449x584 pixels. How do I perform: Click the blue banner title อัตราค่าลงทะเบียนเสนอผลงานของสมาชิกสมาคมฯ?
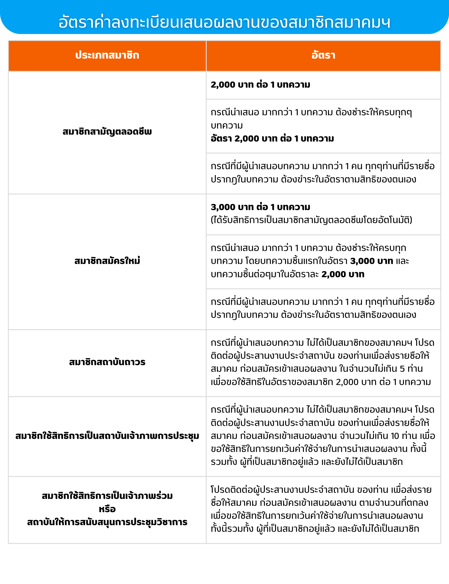point(224,22)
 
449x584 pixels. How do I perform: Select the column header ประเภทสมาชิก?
point(107,55)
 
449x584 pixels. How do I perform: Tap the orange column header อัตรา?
point(323,55)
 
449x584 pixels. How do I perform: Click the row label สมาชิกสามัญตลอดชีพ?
point(107,132)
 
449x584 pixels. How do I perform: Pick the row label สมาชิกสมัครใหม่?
point(107,261)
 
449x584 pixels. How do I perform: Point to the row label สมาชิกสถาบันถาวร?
point(107,362)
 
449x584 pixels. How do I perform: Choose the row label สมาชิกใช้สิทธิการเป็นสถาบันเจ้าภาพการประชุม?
point(107,436)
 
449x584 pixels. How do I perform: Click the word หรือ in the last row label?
point(107,509)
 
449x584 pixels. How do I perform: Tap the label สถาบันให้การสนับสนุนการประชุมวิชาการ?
point(107,522)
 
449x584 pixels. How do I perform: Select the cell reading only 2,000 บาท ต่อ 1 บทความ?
point(260,85)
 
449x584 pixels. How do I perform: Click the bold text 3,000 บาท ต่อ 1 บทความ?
point(260,207)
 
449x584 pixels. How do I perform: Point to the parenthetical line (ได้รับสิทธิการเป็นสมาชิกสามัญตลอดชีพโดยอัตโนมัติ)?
point(311,220)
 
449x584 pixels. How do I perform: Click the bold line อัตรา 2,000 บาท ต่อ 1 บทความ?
point(272,138)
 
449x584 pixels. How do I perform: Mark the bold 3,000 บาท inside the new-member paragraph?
point(372,261)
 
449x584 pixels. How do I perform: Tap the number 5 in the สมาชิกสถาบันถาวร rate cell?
point(402,369)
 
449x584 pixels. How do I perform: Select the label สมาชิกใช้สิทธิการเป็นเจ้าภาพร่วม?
point(107,496)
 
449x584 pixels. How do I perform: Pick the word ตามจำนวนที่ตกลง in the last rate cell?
point(393,502)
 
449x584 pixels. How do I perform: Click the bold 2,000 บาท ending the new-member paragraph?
point(343,274)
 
